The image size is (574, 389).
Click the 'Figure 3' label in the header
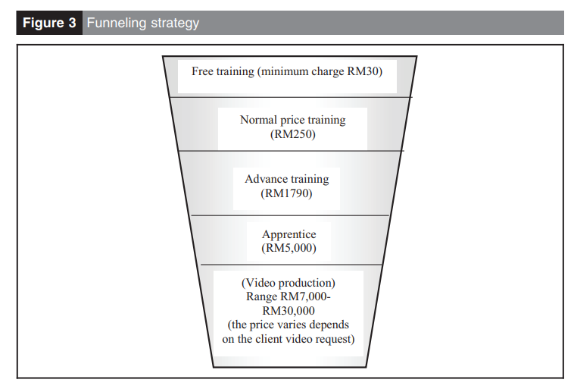click(49, 23)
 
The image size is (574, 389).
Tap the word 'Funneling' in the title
click(114, 23)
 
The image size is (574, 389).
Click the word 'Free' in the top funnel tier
click(203, 72)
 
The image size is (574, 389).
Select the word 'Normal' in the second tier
click(257, 120)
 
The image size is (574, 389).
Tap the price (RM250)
click(292, 135)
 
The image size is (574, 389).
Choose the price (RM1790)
click(288, 194)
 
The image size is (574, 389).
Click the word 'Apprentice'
click(288, 235)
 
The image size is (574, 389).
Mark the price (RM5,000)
click(288, 249)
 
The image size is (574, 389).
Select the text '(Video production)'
click(288, 283)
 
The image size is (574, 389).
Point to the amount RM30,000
click(288, 311)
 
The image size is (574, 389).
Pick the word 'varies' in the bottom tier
click(297, 325)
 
